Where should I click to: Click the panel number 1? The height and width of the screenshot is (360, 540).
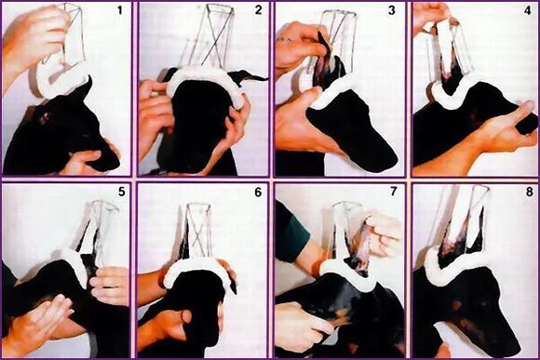pos(119,10)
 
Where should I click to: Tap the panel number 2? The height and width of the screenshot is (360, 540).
pos(258,10)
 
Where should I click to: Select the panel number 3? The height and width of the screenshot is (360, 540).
pos(392,10)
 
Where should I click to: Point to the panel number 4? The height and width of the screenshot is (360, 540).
pos(528,10)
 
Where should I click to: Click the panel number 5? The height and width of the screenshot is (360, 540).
pos(122,192)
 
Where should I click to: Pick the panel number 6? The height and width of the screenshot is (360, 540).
pos(258,192)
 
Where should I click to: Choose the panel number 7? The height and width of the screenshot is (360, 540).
pos(394,192)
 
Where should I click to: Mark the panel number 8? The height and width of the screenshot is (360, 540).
pos(530,192)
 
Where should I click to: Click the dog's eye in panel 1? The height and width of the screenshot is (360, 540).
pos(44,118)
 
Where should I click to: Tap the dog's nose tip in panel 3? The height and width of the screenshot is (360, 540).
pos(392,161)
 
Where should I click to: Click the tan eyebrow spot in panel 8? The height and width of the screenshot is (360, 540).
pos(457,305)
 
